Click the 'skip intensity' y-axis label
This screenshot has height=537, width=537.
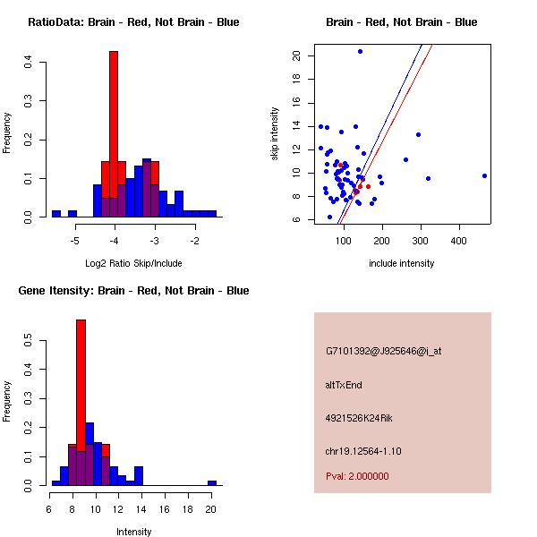pyautogui.click(x=277, y=134)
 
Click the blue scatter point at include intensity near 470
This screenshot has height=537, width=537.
pyautogui.click(x=484, y=175)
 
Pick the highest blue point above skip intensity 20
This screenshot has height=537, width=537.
pyautogui.click(x=360, y=51)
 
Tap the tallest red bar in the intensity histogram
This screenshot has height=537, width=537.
pyautogui.click(x=81, y=385)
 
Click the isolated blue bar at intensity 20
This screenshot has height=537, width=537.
pyautogui.click(x=212, y=482)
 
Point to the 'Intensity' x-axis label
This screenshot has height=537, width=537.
pyautogui.click(x=133, y=532)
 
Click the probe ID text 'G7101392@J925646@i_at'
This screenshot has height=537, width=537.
pyautogui.click(x=383, y=351)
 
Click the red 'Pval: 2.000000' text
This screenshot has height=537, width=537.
pyautogui.click(x=357, y=476)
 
